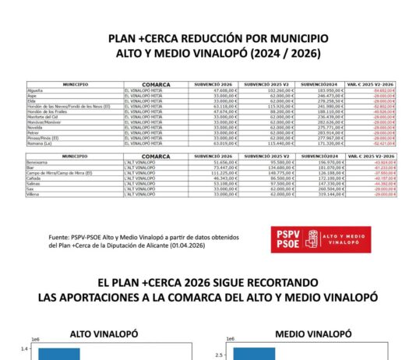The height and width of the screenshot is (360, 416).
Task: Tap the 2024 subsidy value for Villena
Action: click(326, 193)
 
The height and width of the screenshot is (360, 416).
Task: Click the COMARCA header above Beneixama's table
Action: click(156, 156)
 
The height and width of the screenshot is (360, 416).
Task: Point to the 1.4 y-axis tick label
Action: click(24, 349)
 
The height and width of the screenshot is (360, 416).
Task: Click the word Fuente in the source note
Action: click(59, 237)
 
